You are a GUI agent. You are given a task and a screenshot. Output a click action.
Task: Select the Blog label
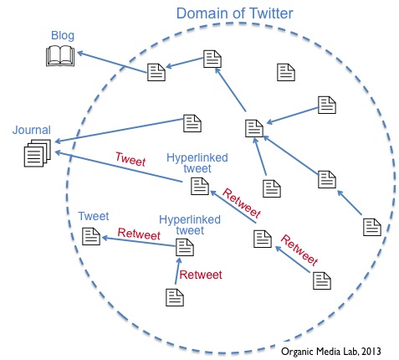[x=63, y=36]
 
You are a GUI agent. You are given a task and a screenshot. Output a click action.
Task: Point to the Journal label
[x=32, y=131]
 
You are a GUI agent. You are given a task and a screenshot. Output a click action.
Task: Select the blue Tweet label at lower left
[x=94, y=216]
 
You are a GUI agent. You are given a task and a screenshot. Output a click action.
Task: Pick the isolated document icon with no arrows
[x=287, y=72]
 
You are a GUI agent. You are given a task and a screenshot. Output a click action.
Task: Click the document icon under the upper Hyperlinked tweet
[x=199, y=186]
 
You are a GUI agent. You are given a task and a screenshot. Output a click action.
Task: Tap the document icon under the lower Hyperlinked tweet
[x=184, y=247]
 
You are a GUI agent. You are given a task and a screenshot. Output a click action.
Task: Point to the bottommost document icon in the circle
[x=174, y=296]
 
